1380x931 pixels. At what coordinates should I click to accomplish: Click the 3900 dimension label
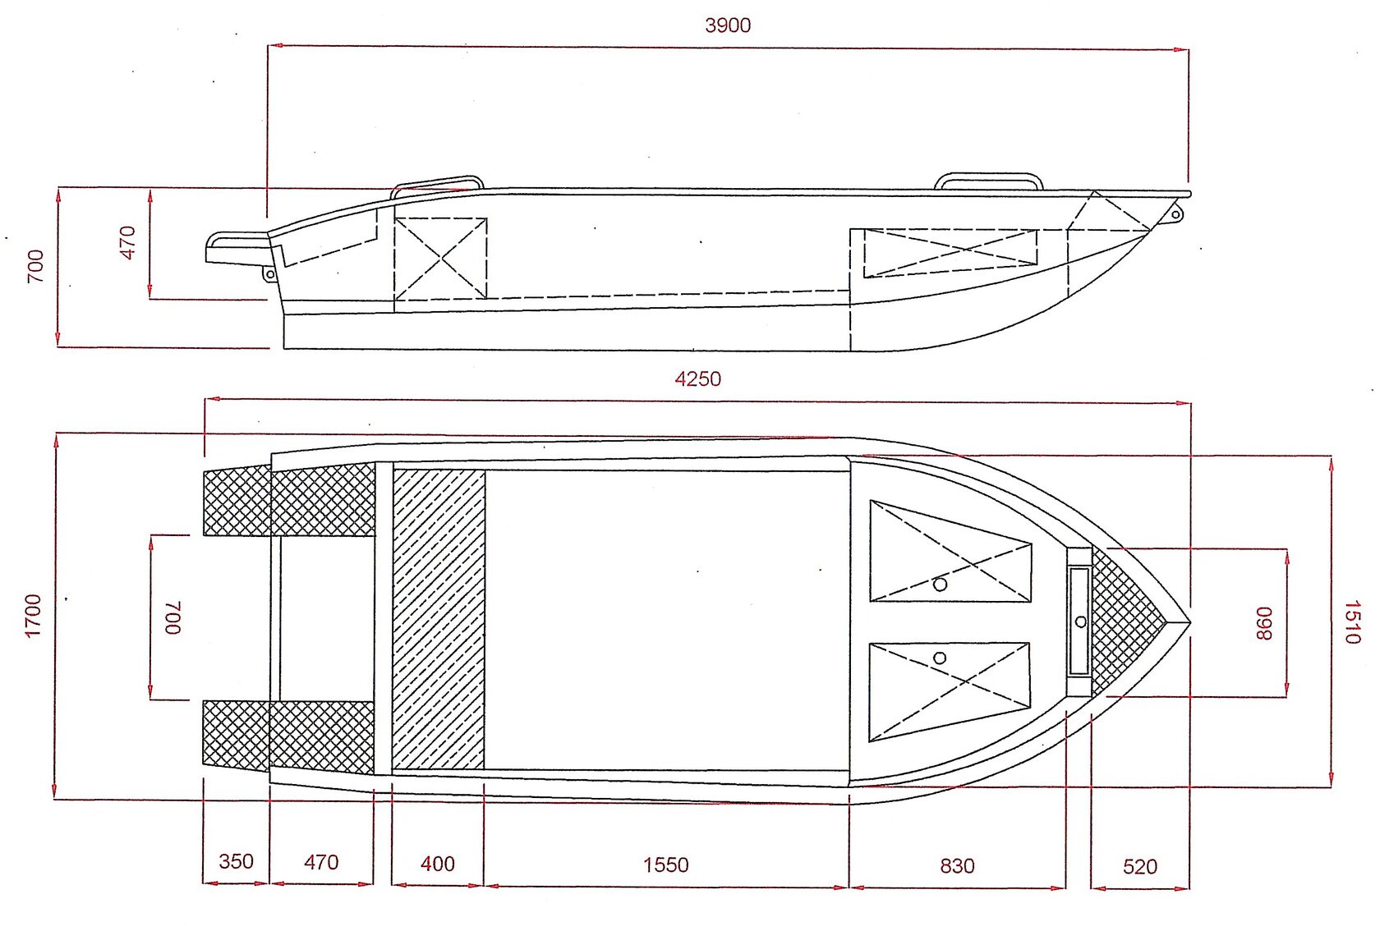(x=728, y=25)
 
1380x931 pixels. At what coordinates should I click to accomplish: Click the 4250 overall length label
(x=697, y=378)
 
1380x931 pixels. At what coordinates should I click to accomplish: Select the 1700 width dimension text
(x=33, y=616)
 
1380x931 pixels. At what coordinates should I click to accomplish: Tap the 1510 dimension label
(x=1352, y=622)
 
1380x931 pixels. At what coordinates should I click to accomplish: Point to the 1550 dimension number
(x=665, y=865)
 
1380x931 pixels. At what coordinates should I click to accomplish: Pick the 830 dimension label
(x=958, y=866)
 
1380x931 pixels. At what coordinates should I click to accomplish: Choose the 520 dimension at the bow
(x=1140, y=867)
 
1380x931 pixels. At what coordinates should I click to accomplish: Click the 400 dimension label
(x=437, y=864)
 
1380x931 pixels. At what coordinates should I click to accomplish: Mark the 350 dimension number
(x=236, y=861)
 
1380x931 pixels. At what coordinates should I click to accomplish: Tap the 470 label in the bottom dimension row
(x=321, y=862)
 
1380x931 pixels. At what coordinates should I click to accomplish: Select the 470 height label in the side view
(x=126, y=243)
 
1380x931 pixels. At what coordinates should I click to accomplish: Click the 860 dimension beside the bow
(x=1263, y=623)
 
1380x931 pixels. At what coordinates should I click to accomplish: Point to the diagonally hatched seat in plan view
(x=439, y=619)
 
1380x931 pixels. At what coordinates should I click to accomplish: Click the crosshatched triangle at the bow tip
(x=1122, y=622)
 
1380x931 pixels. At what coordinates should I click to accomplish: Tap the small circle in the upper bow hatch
(x=940, y=585)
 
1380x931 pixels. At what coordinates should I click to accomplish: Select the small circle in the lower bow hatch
(x=940, y=658)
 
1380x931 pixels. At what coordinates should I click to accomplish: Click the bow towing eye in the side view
(x=1175, y=214)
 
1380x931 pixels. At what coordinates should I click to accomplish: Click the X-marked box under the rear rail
(x=440, y=259)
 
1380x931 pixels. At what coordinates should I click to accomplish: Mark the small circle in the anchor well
(x=1081, y=622)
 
